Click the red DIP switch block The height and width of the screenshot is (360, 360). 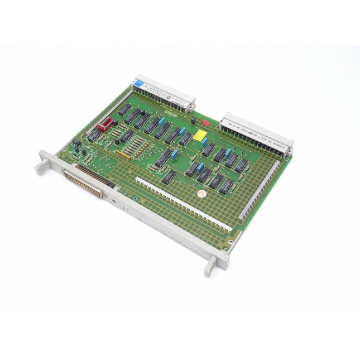pyautogui.click(x=104, y=126)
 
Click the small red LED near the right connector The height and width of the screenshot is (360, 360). pyautogui.click(x=204, y=120)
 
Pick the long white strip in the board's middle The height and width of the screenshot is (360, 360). pyautogui.click(x=184, y=205)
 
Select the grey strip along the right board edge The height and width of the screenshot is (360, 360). pyautogui.click(x=260, y=189)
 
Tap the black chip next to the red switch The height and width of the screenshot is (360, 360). pyautogui.click(x=124, y=110)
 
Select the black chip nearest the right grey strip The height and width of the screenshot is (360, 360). pyautogui.click(x=241, y=165)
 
